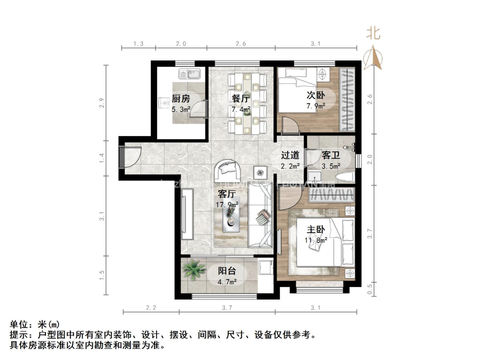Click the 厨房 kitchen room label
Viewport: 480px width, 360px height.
[180, 98]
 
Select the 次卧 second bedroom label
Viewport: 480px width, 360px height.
[315, 95]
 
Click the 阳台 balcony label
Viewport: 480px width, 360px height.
[227, 271]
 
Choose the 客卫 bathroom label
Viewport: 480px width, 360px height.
[331, 155]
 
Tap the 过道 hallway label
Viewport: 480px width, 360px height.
[290, 155]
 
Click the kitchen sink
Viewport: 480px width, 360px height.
[189, 74]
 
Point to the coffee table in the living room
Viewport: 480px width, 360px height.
[232, 218]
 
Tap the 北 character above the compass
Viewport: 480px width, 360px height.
[374, 33]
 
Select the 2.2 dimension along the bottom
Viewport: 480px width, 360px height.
[150, 308]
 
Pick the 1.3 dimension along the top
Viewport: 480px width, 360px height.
[138, 44]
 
